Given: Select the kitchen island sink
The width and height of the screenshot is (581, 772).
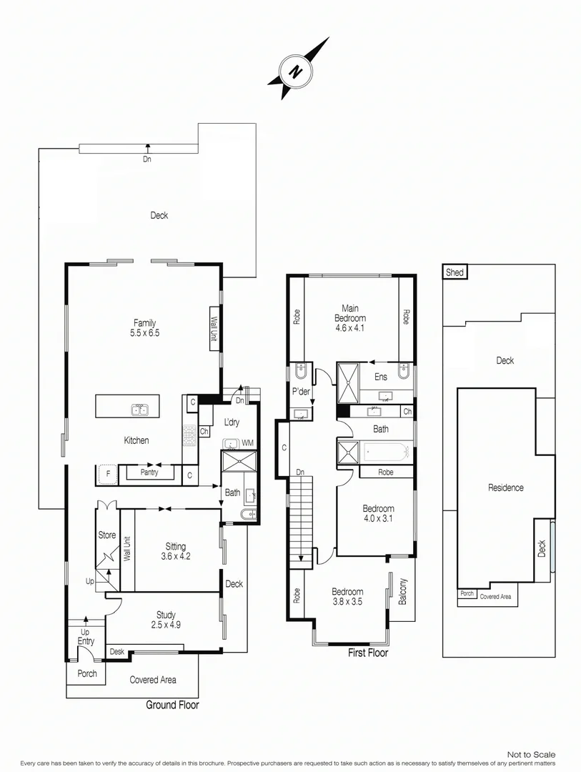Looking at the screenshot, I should pyautogui.click(x=139, y=410).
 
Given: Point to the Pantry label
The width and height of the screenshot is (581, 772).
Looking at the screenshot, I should pyautogui.click(x=149, y=472).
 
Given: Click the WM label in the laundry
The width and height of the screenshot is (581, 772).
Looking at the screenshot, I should pyautogui.click(x=247, y=443).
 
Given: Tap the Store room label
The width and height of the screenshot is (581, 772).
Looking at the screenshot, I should pyautogui.click(x=106, y=535).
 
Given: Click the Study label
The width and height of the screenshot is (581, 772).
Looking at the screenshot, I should pyautogui.click(x=166, y=615).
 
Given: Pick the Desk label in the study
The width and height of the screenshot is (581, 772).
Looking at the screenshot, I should pyautogui.click(x=116, y=652).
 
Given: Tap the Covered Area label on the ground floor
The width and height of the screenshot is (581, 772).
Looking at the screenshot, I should pyautogui.click(x=153, y=680).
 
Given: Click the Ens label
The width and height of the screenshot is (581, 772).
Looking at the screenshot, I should pyautogui.click(x=381, y=377).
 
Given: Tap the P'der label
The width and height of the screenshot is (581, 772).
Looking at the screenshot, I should pyautogui.click(x=299, y=391).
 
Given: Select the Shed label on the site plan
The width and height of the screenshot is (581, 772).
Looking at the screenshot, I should pyautogui.click(x=455, y=272).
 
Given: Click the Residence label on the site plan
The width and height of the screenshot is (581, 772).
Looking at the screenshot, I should pyautogui.click(x=506, y=488).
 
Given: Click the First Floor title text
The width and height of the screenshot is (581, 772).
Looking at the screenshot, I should pyautogui.click(x=367, y=653).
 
